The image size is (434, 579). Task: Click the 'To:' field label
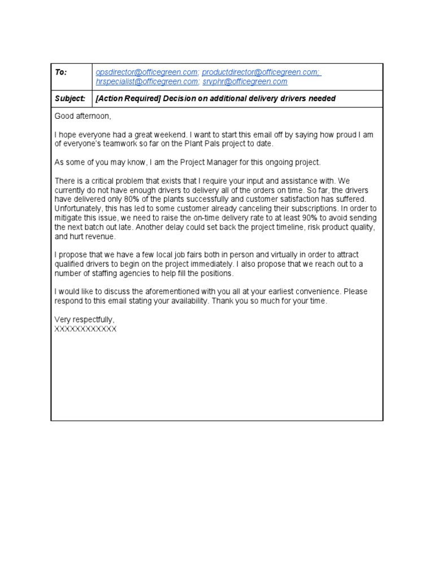(x=60, y=72)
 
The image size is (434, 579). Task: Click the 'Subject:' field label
(x=70, y=98)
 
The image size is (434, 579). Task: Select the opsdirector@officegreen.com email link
(x=147, y=72)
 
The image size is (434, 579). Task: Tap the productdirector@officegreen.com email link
(x=261, y=72)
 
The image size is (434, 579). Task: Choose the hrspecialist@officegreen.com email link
(x=147, y=81)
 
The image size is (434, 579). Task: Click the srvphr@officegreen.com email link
(x=245, y=81)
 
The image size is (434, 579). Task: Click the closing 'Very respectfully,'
(x=84, y=319)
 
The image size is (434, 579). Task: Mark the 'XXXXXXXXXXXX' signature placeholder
(x=85, y=329)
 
